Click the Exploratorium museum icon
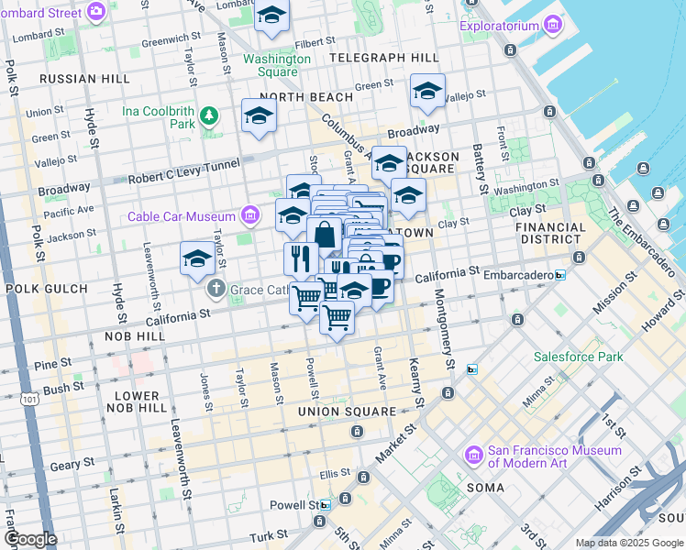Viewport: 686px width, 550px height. (553, 25)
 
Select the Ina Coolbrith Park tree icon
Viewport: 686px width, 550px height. (210, 115)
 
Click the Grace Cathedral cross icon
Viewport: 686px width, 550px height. (216, 288)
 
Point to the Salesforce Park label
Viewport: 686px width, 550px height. (579, 357)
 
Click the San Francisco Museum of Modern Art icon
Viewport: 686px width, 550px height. (474, 455)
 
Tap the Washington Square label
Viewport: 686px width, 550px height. (276, 65)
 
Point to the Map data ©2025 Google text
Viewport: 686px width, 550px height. (629, 543)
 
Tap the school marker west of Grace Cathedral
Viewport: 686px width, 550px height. (197, 260)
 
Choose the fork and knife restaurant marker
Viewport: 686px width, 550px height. (301, 259)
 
